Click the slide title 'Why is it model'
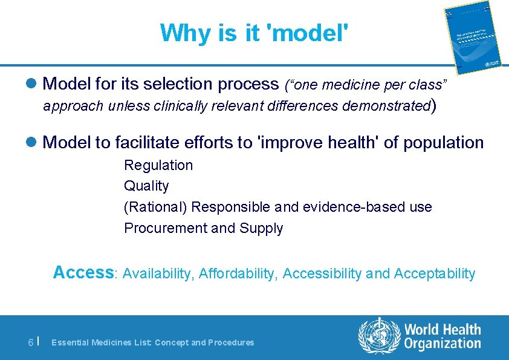click(x=254, y=33)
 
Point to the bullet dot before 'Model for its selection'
click(x=35, y=83)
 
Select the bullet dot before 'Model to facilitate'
click(x=35, y=143)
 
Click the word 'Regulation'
click(x=158, y=165)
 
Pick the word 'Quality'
click(x=146, y=186)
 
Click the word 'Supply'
click(x=261, y=228)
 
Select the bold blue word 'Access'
click(x=83, y=273)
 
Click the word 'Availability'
click(x=157, y=274)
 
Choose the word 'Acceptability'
click(x=435, y=274)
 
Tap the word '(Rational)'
click(x=155, y=207)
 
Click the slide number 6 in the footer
click(x=31, y=342)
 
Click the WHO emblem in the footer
click(x=379, y=336)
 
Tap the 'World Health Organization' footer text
click(x=443, y=337)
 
